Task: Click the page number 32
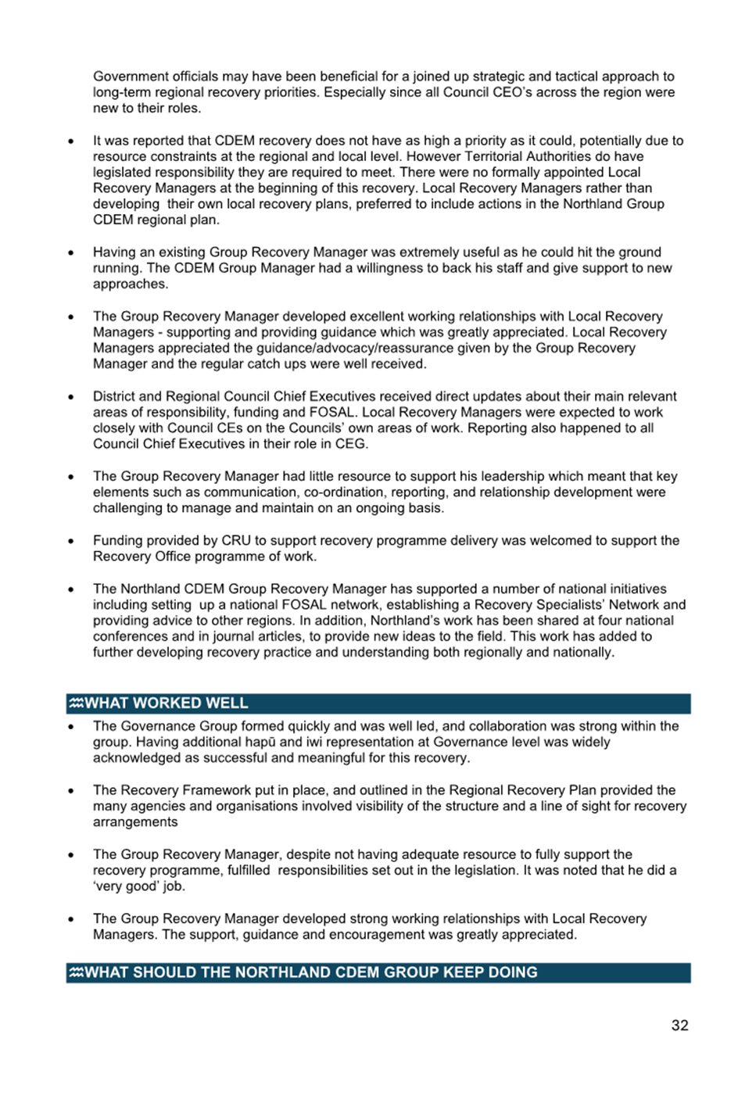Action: [x=679, y=1025]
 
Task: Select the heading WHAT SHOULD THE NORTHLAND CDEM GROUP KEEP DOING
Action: [x=310, y=973]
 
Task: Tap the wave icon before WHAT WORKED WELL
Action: [x=76, y=703]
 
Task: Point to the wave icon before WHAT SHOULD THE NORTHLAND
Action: [x=76, y=973]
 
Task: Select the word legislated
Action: [x=123, y=173]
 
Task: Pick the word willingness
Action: [x=355, y=268]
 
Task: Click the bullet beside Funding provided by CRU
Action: [x=71, y=541]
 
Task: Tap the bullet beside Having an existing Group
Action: [x=71, y=252]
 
